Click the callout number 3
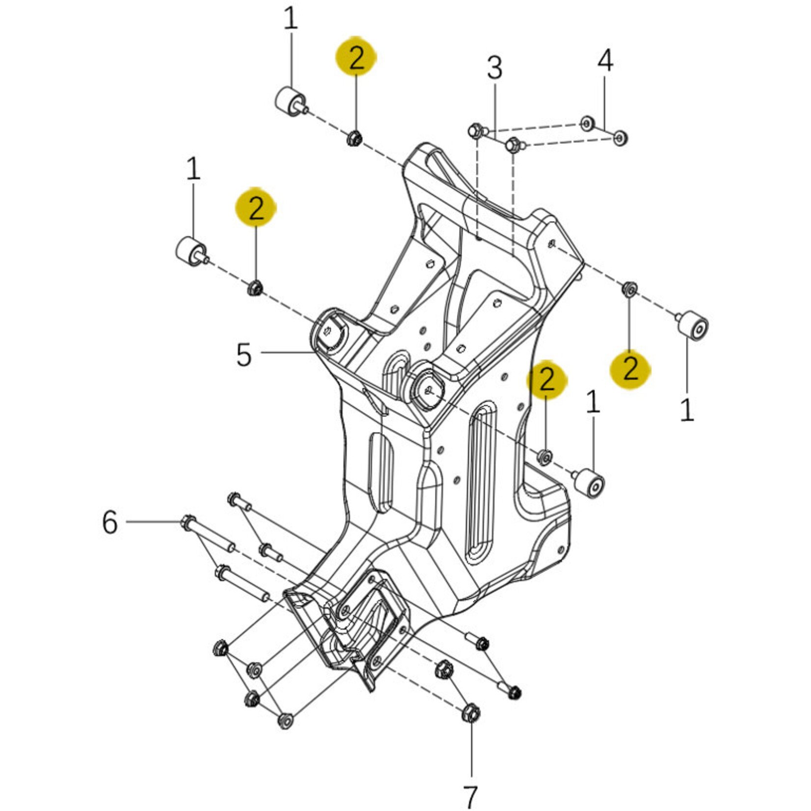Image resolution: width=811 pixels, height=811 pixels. click(494, 69)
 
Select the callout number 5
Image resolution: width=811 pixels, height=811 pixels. click(244, 354)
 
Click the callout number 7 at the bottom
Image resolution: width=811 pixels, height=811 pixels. click(470, 797)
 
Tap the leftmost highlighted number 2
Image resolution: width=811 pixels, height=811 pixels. click(256, 208)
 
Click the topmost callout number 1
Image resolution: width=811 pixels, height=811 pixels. click(291, 20)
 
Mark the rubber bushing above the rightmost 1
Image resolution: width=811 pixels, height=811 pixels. click(693, 325)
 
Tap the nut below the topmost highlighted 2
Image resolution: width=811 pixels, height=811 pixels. click(354, 139)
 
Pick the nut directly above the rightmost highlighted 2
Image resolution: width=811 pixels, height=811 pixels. click(629, 289)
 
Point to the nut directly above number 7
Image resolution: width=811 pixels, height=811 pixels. click(471, 713)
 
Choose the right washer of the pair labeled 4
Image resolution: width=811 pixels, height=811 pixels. click(621, 138)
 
